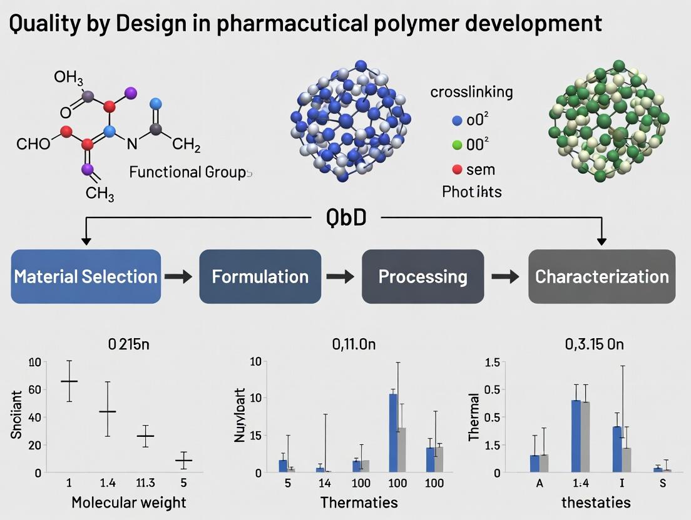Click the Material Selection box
click(x=86, y=276)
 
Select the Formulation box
click(x=260, y=276)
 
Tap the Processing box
click(x=422, y=276)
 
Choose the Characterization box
click(x=601, y=276)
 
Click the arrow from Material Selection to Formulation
click(x=179, y=277)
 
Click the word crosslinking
click(x=471, y=92)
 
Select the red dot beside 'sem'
click(x=457, y=169)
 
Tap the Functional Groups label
click(x=191, y=172)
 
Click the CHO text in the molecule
click(x=33, y=144)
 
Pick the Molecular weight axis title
click(x=128, y=502)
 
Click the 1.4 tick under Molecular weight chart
click(x=108, y=483)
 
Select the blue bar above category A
click(x=535, y=463)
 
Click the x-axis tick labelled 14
click(x=324, y=483)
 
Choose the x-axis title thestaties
click(x=587, y=502)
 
